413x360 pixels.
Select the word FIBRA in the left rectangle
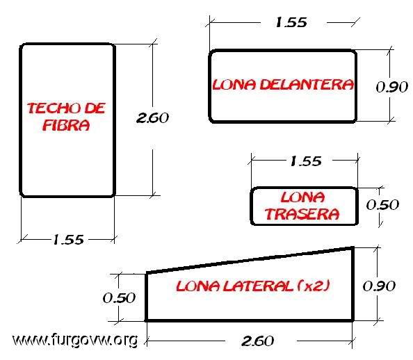[x=66, y=125]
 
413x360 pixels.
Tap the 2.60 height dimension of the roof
[x=152, y=117]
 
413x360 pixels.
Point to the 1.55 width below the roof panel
[x=68, y=240]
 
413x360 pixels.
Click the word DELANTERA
[x=307, y=85]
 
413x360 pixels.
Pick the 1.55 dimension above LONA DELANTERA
[x=291, y=22]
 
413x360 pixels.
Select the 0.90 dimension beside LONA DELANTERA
[x=392, y=87]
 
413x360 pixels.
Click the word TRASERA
[x=302, y=214]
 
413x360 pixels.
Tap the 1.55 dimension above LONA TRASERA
[x=306, y=161]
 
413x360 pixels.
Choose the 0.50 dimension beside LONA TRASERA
[x=382, y=204]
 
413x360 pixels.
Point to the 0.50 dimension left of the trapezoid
[x=119, y=298]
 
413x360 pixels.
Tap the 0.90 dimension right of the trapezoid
[x=379, y=286]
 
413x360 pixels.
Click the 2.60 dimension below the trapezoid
[x=257, y=341]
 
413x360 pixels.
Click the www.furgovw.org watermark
[x=75, y=340]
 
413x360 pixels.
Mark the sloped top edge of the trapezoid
[x=250, y=260]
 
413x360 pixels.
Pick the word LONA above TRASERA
[x=302, y=197]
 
